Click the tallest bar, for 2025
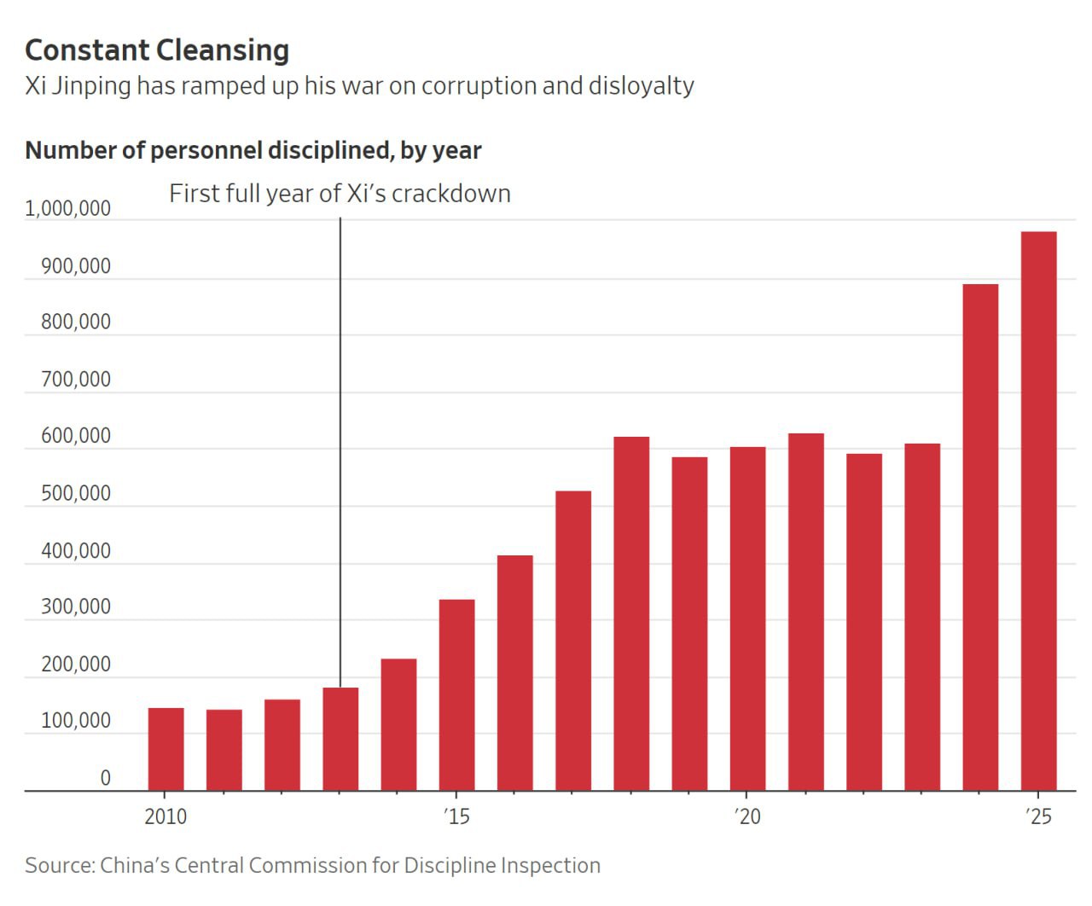[1038, 511]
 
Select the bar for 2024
[980, 537]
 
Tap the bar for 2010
[166, 749]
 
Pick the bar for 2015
[456, 695]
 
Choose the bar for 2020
[747, 619]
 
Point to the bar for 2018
[631, 613]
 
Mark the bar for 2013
[340, 739]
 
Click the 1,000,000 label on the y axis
[68, 209]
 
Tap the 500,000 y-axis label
[76, 494]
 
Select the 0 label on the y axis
[106, 778]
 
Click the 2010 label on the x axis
[166, 816]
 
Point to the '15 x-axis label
[456, 816]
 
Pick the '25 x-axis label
[1038, 816]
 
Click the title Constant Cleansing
[157, 50]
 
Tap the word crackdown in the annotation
[451, 194]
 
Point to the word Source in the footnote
[59, 865]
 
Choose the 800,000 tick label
[76, 322]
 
